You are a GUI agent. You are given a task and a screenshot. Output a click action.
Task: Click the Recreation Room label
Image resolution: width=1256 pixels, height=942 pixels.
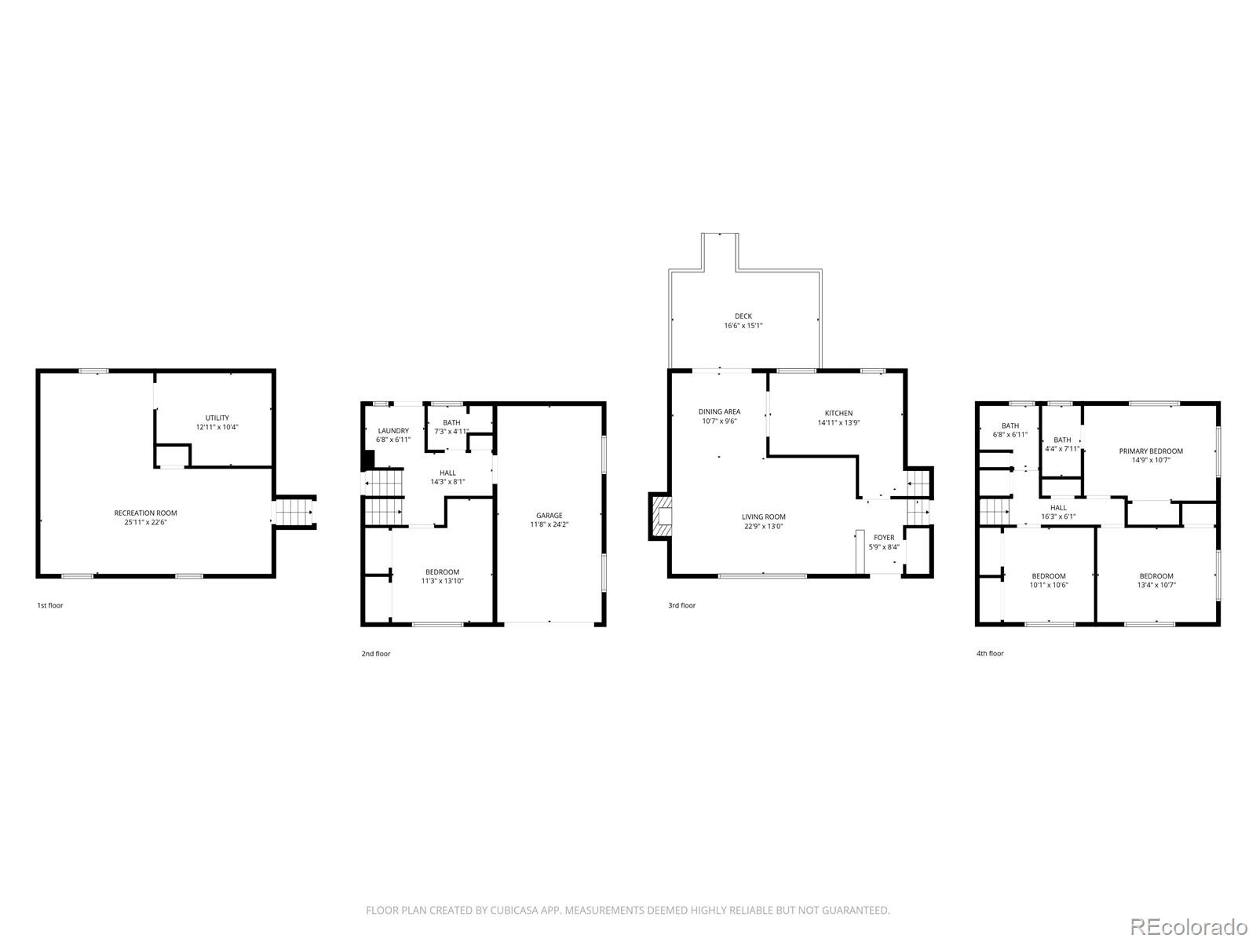pos(145,513)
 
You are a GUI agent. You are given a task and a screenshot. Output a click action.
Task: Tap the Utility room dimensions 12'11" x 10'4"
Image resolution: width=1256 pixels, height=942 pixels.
pos(217,427)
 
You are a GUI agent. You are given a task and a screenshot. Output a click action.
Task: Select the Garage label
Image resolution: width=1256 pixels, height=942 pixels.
pos(549,515)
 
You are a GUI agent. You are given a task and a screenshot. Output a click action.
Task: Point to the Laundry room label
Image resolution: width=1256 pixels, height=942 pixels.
pos(393,431)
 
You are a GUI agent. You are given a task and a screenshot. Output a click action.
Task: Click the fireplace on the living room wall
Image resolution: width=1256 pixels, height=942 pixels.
pos(659,516)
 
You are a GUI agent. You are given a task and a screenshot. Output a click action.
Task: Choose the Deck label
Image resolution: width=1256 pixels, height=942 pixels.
pos(743,316)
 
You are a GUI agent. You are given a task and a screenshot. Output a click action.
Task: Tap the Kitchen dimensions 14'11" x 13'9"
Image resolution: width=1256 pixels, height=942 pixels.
pos(838,422)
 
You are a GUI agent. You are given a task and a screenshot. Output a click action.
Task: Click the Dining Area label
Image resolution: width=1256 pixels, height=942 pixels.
pos(719,411)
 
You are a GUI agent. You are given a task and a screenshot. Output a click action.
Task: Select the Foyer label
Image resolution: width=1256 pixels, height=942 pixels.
pos(883,537)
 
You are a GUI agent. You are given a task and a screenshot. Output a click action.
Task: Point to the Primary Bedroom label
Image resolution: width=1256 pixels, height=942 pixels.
pos(1151,451)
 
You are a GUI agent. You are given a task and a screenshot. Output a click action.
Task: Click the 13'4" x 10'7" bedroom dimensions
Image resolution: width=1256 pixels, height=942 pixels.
pos(1156,585)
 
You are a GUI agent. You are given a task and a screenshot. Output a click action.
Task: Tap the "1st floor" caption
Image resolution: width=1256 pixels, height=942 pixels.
pos(50,605)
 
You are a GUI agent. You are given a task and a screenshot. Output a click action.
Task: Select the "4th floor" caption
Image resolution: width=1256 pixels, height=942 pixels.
pos(990,653)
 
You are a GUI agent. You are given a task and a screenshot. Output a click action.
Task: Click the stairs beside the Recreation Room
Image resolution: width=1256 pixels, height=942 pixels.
pos(294,512)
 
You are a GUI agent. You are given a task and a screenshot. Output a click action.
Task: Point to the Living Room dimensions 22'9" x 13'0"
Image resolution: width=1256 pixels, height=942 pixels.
pos(763,526)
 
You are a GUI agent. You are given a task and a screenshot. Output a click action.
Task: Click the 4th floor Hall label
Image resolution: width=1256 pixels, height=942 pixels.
pos(1058,507)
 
